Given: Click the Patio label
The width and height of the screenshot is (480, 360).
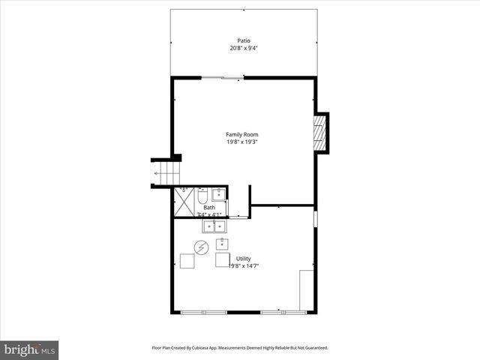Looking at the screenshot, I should (x=244, y=40).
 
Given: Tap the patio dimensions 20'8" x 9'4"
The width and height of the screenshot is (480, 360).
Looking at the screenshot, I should (x=244, y=49).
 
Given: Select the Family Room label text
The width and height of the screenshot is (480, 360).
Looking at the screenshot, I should (x=244, y=134).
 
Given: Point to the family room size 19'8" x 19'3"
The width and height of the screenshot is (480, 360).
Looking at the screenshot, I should (x=244, y=142).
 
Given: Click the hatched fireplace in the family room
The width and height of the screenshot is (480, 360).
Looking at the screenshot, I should (x=320, y=132).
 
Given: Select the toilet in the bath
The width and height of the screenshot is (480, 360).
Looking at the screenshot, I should (x=202, y=196).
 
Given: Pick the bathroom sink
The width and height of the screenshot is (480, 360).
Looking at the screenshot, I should (x=218, y=196).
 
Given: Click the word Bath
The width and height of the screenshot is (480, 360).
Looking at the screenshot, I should (x=208, y=208).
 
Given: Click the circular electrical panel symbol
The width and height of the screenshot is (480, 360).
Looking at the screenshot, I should (x=201, y=247).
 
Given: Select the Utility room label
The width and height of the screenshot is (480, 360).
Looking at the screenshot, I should (x=244, y=259).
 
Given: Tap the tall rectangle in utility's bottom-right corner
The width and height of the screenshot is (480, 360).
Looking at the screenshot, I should (x=305, y=290).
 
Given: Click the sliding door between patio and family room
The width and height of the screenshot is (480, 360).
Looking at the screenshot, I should (x=223, y=76).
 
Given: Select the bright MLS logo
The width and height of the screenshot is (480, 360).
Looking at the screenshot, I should (x=30, y=349).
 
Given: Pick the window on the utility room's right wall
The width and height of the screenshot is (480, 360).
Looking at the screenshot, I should (x=315, y=218).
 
